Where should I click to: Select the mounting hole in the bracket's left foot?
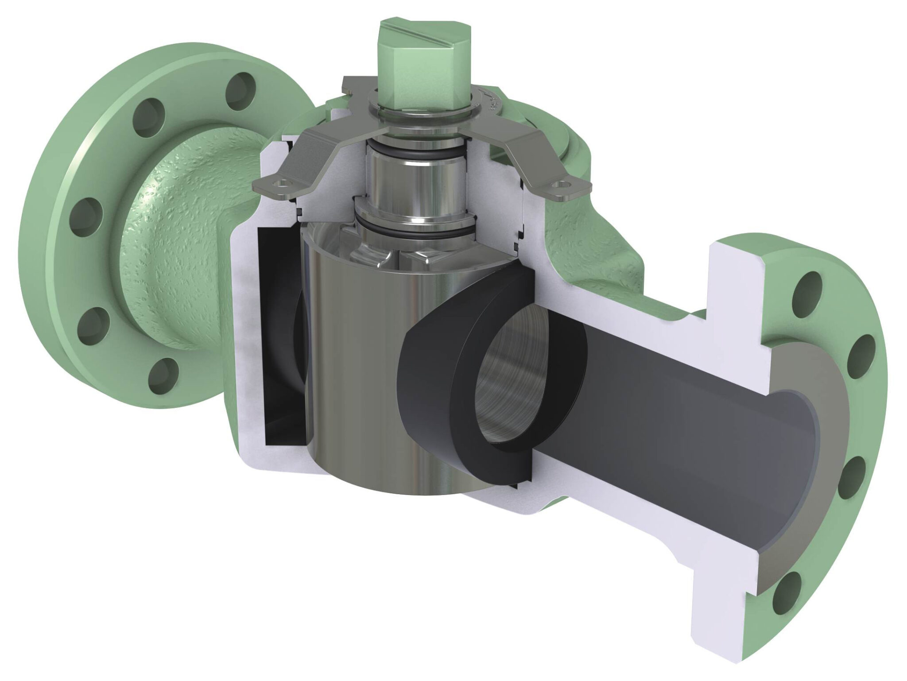[x=279, y=182]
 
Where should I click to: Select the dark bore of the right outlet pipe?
[x=664, y=438]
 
